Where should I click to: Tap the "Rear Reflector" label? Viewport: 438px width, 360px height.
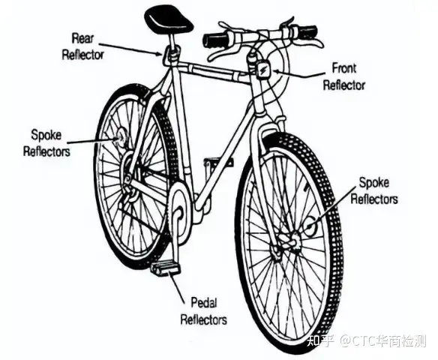coord(82,46)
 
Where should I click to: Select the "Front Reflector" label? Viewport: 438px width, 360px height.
coord(344,76)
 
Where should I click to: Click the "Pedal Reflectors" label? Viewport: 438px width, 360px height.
coord(204,311)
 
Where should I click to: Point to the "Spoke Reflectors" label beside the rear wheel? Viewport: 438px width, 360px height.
coord(46,143)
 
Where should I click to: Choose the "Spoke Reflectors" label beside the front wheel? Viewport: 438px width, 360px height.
coord(374,191)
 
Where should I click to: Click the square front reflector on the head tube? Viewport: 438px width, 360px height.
coord(263,70)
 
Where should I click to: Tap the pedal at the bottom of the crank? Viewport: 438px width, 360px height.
coord(165,268)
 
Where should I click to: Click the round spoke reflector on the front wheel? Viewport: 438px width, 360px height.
coord(311,226)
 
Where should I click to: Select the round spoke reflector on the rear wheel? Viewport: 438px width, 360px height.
coord(121,136)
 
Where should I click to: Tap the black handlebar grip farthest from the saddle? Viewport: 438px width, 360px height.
coord(307,31)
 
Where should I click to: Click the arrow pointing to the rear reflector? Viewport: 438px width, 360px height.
coord(130,49)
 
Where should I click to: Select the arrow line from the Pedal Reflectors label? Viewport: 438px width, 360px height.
coord(178,286)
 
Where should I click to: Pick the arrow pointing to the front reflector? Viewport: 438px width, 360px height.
coord(299,73)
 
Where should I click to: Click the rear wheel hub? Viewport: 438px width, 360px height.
coord(127,167)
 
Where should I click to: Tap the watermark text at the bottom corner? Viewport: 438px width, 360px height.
coord(367,340)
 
